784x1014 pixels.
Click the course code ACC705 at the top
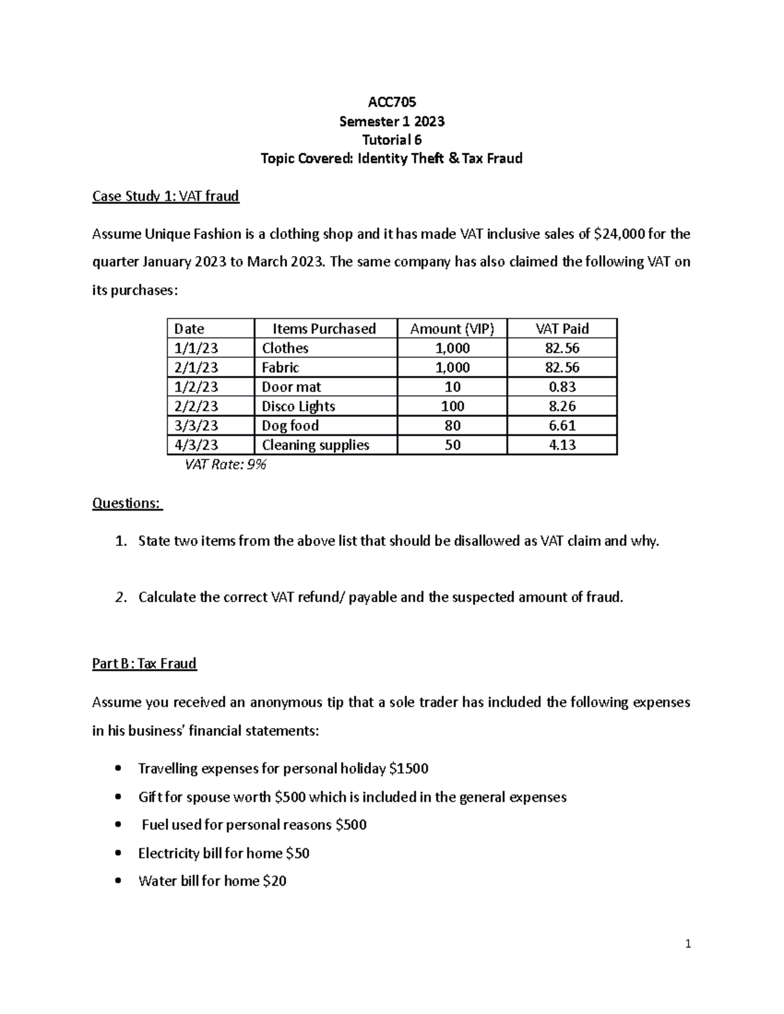[x=391, y=102]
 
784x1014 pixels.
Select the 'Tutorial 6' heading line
[x=391, y=140]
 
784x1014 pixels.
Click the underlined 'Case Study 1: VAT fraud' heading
[x=166, y=196]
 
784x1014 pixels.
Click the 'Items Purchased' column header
[x=324, y=328]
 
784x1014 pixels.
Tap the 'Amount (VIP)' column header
[x=451, y=328]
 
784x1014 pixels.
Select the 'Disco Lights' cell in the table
[x=299, y=406]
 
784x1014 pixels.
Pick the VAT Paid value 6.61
[x=562, y=426]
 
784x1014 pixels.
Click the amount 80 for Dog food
[x=452, y=426]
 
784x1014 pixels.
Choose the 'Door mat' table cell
[x=291, y=387]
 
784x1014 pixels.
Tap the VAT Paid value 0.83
[x=562, y=387]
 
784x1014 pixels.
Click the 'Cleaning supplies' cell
[x=316, y=445]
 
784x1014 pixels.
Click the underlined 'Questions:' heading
[x=127, y=503]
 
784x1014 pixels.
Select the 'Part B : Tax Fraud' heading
[x=144, y=663]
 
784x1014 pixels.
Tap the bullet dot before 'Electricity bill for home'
[x=118, y=853]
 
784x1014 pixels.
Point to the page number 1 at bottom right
[x=688, y=943]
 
